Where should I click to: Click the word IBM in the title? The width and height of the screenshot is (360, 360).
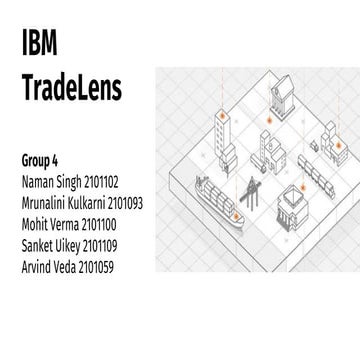pos(39,44)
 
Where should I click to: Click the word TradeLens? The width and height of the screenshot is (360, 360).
pos(71,90)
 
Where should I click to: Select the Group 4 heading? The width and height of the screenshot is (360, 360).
pos(42,160)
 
